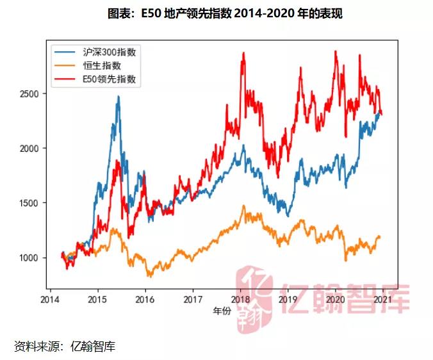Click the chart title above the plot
(216, 13)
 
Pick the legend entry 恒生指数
(102, 66)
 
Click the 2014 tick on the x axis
(50, 299)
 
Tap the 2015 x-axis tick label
(97, 299)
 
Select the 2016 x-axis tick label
(145, 299)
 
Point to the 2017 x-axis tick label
(192, 299)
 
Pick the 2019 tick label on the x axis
(288, 299)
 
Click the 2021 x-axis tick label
(382, 299)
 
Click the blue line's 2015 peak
(118, 97)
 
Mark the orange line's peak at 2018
(243, 206)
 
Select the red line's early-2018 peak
(243, 54)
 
